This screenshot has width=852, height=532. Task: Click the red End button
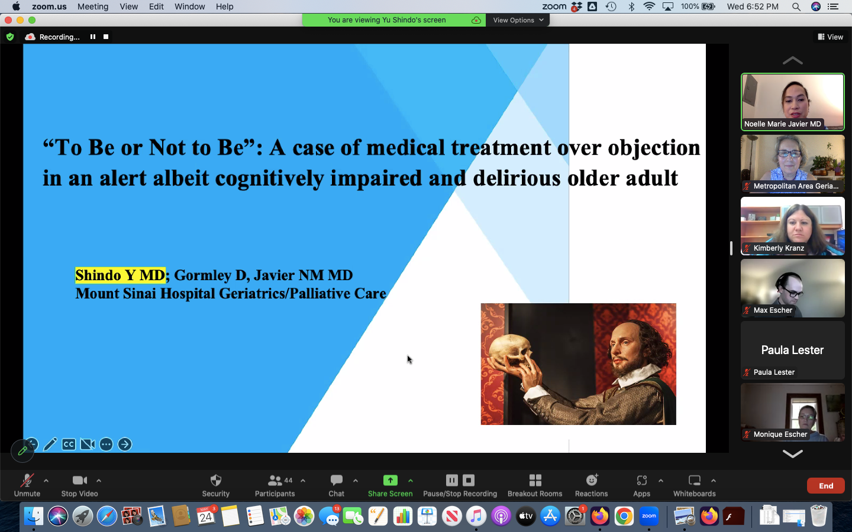click(x=826, y=486)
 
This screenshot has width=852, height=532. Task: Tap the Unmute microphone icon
click(x=27, y=481)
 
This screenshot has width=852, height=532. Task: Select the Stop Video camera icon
click(x=79, y=481)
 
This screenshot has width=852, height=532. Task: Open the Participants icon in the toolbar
click(x=275, y=481)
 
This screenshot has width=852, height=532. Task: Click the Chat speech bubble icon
click(x=336, y=480)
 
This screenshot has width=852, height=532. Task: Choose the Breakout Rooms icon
click(x=535, y=481)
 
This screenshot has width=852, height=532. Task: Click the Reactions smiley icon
click(x=592, y=480)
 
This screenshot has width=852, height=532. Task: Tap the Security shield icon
click(x=215, y=481)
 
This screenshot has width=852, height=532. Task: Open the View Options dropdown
click(x=518, y=20)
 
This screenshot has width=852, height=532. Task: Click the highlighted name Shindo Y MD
click(x=120, y=275)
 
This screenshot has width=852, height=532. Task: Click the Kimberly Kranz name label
click(x=779, y=248)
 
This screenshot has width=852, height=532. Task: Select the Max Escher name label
click(x=773, y=310)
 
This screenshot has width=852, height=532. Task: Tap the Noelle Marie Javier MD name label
click(x=782, y=124)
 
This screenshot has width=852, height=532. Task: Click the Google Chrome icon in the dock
click(x=624, y=516)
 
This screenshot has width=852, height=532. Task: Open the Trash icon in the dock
click(x=818, y=516)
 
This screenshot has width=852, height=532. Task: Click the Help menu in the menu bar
click(x=224, y=7)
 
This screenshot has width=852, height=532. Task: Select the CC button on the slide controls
click(x=69, y=445)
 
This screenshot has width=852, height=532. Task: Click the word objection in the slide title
click(x=654, y=147)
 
